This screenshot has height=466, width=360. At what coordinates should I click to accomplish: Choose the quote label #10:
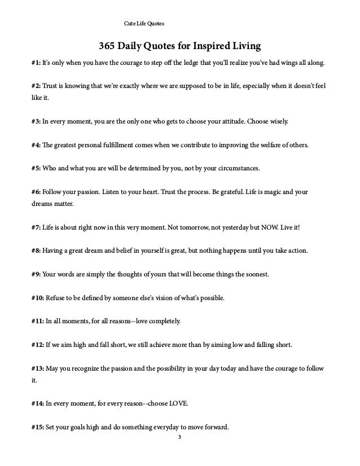coord(39,298)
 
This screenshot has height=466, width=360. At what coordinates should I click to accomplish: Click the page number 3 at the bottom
coord(180,439)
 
